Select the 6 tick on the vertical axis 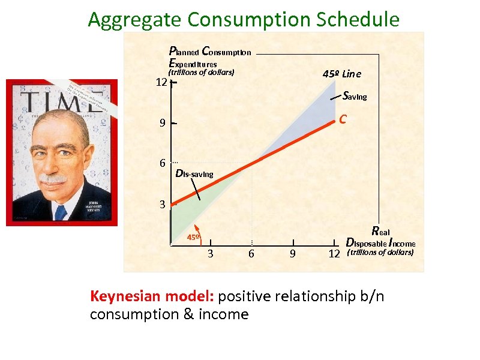pos(162,163)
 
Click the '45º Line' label pos(341,74)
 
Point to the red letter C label pos(341,119)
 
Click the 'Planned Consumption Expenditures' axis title pos(209,58)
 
